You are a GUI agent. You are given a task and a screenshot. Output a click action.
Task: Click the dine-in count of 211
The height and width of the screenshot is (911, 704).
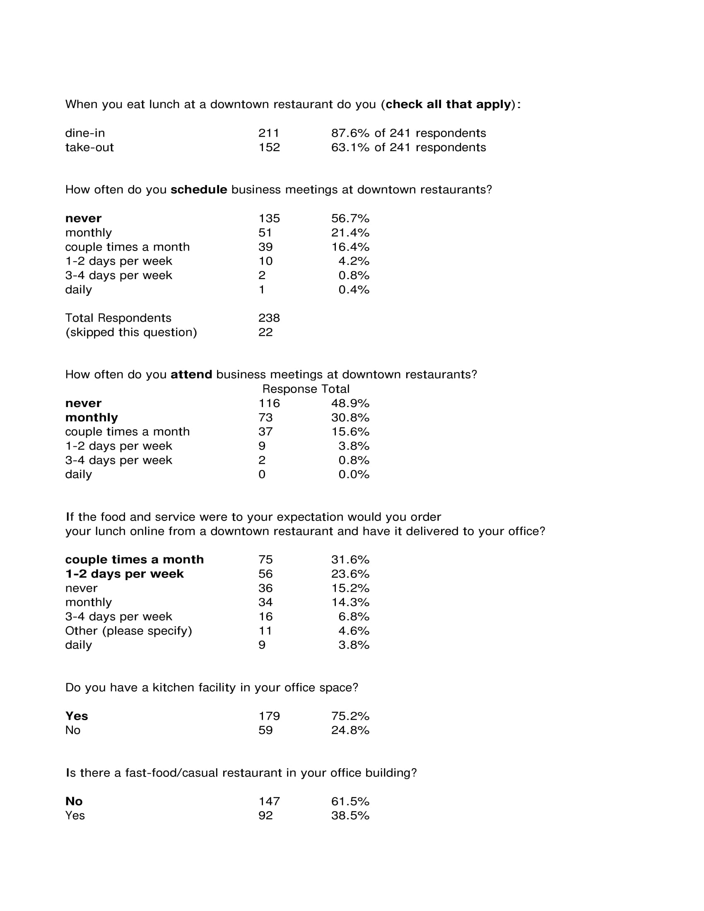[269, 133]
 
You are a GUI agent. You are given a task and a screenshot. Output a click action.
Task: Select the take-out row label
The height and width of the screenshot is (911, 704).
[89, 147]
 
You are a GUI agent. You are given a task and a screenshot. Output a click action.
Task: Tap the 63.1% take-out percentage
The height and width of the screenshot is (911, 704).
[350, 147]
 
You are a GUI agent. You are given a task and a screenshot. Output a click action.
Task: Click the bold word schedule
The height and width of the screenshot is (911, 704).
[199, 190]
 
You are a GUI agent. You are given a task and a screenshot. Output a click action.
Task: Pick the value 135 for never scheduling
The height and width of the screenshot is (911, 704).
[269, 219]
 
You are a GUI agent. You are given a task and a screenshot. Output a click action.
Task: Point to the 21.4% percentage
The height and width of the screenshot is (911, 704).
[350, 233]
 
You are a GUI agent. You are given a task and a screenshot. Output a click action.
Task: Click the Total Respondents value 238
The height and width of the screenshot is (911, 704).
[269, 318]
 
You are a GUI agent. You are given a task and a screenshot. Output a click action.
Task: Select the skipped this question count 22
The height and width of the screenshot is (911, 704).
[265, 332]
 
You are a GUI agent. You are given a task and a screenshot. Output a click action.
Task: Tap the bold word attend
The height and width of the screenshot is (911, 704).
[191, 375]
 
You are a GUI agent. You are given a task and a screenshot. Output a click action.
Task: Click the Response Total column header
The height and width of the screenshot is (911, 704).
[306, 389]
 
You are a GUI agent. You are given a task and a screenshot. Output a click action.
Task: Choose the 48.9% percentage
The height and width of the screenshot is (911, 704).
[350, 403]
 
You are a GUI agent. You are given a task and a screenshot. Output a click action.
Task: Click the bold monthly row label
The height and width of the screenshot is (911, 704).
[92, 417]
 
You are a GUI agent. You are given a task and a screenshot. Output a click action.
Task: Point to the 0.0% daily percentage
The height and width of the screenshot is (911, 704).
[354, 474]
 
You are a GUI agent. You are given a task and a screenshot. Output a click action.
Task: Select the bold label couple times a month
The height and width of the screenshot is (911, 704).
[134, 559]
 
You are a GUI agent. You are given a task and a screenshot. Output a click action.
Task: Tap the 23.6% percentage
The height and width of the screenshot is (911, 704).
[350, 574]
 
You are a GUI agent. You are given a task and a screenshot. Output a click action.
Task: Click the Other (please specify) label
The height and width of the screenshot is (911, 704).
[128, 631]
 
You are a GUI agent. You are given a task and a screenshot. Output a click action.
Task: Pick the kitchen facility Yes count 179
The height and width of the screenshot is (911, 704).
[269, 716]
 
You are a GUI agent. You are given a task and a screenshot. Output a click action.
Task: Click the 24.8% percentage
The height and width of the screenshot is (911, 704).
[350, 730]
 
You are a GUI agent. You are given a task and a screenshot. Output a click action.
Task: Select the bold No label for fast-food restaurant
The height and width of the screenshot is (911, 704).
[74, 801]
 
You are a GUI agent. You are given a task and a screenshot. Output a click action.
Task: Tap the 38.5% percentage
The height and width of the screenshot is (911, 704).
[350, 815]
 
